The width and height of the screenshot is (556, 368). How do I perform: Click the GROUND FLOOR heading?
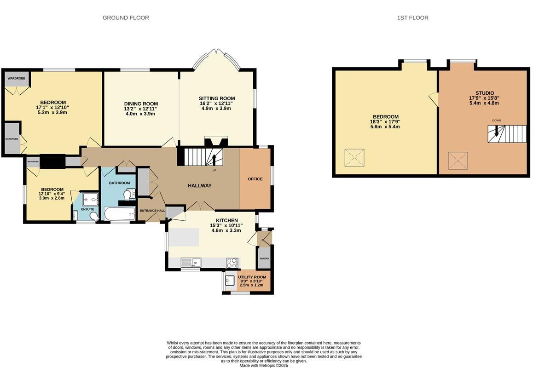pos(126,18)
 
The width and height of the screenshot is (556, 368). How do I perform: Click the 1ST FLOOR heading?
pos(412,18)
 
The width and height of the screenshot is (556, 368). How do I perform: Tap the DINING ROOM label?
pos(141,104)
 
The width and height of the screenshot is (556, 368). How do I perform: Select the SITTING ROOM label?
pos(217,98)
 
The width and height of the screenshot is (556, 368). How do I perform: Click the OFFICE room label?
pos(255,179)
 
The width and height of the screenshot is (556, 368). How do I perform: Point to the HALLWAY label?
pos(199,185)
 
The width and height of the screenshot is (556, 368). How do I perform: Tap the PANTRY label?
pos(264,259)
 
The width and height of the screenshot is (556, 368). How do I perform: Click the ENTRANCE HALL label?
pos(152,211)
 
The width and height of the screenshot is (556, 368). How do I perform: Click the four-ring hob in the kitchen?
pos(232,263)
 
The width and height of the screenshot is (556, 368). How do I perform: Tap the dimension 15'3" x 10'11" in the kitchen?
pos(226,225)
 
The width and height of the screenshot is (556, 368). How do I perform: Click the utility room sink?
pos(230,280)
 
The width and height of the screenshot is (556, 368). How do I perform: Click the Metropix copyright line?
pos(263,365)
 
